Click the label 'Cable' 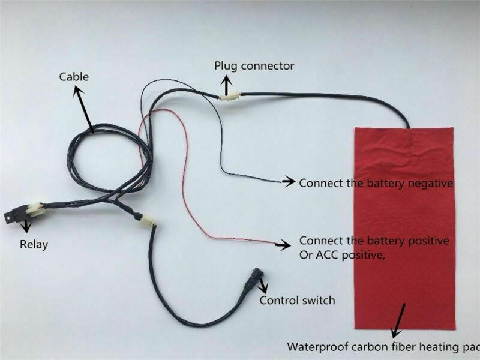click(x=73, y=77)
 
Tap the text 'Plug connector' click(x=254, y=65)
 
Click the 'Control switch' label click(x=297, y=299)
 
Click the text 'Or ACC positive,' click(x=341, y=255)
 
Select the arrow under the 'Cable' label click(x=85, y=108)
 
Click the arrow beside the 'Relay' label click(x=25, y=227)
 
